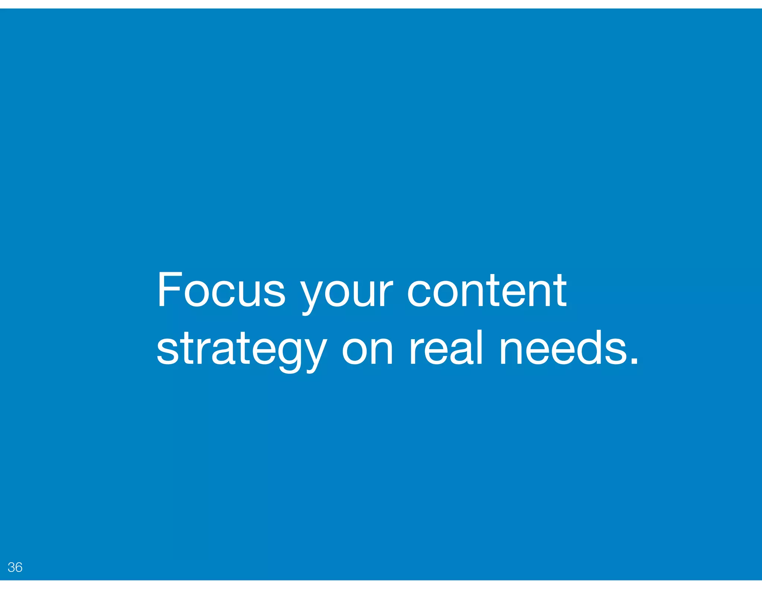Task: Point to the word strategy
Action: click(242, 350)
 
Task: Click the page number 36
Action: click(15, 567)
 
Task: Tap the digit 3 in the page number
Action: click(11, 567)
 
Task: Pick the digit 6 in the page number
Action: click(19, 567)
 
